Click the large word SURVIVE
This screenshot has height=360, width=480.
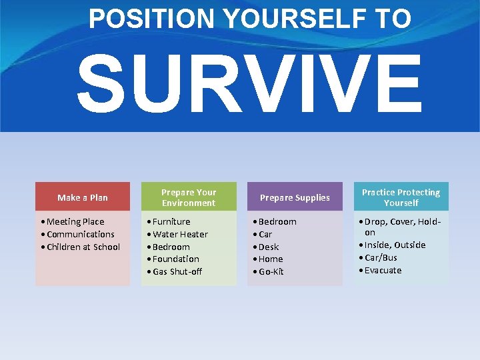249,84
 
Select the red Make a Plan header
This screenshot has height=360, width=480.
83,197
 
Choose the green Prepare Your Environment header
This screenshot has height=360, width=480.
189,197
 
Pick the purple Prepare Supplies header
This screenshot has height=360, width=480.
295,197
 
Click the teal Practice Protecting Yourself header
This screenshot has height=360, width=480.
401,197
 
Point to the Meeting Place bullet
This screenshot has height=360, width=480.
75,221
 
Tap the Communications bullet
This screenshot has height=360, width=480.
81,234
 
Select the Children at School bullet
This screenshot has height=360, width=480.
83,247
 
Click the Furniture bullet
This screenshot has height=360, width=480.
171,221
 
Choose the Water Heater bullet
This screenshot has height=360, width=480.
180,234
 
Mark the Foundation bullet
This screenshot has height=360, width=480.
176,259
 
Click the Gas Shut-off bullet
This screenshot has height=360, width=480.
177,271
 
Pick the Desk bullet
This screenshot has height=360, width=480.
269,247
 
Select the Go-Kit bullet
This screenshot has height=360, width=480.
271,271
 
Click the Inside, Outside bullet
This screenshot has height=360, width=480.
395,245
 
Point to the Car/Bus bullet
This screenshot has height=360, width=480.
381,257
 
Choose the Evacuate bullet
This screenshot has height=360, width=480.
383,270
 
